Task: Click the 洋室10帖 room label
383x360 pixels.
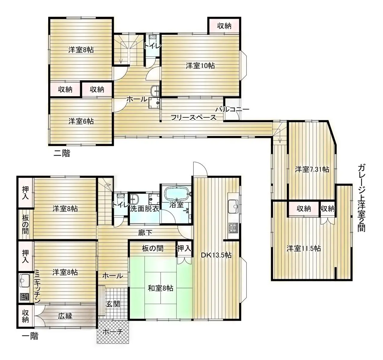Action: (200, 65)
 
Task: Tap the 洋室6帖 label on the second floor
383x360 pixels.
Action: (81, 121)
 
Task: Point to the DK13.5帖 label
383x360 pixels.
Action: (216, 255)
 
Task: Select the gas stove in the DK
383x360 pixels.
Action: (233, 228)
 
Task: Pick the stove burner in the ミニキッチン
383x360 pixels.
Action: (24, 297)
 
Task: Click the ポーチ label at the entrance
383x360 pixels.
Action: (113, 332)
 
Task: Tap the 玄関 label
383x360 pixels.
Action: (113, 304)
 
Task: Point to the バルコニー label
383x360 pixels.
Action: (232, 109)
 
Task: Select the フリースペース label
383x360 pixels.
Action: (194, 117)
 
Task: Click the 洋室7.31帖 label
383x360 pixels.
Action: (312, 169)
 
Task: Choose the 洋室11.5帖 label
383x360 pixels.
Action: (304, 248)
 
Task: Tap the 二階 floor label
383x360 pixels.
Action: (62, 153)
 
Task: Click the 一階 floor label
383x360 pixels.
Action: (30, 336)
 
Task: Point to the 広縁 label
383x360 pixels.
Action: (65, 316)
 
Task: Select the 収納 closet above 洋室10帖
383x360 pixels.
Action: (224, 26)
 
